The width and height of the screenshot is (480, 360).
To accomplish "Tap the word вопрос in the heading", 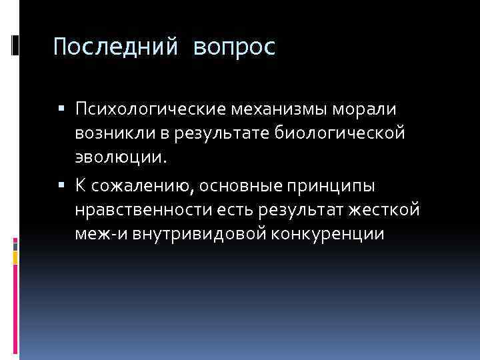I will pyautogui.click(x=235, y=47).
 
